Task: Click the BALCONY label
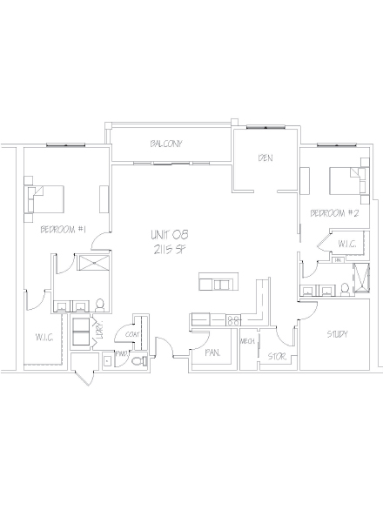[x=165, y=144]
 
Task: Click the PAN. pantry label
[x=211, y=353]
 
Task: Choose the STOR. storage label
[x=277, y=356]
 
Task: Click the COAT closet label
[x=133, y=332]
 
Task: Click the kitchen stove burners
[x=233, y=320]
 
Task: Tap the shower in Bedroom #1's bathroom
[x=91, y=265]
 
